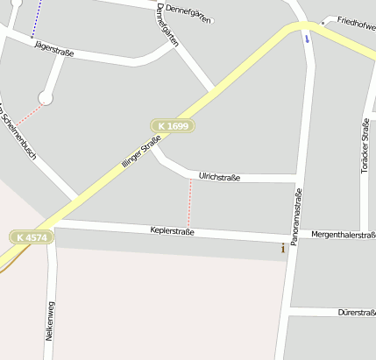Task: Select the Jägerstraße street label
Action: [x=53, y=51]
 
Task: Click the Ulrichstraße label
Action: [x=219, y=175]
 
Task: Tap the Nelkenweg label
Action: [x=49, y=321]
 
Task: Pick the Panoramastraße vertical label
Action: [x=298, y=215]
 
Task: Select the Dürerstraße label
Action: [x=356, y=312]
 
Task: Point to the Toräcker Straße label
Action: [x=365, y=145]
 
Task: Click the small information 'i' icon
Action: [x=282, y=249]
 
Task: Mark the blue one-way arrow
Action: [x=307, y=39]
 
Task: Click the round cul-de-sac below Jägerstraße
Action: [x=46, y=98]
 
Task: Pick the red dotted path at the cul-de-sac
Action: [x=28, y=115]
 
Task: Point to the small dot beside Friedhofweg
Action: [x=324, y=21]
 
